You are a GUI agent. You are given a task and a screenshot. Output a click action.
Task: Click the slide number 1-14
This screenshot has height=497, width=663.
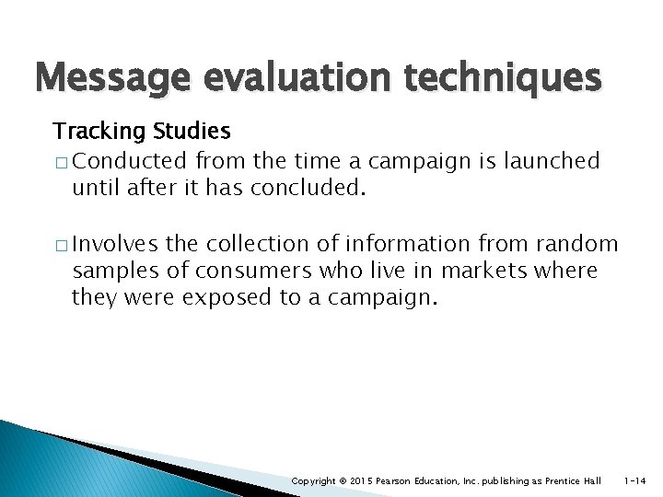tap(636, 480)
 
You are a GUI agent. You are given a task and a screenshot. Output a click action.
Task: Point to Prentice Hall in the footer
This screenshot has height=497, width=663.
tap(573, 480)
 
